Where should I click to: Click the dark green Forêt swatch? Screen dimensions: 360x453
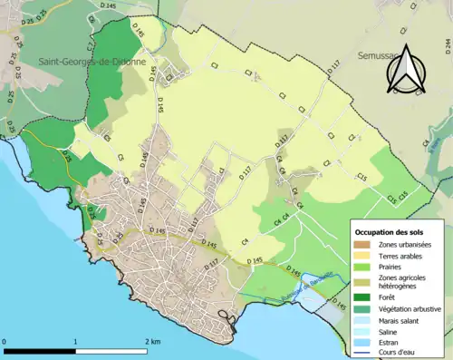tap(364, 297)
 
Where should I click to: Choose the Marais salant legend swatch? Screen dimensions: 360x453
tap(364, 320)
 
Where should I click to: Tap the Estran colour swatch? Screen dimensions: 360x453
tap(364, 342)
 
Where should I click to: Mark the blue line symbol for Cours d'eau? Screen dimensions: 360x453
tap(364, 352)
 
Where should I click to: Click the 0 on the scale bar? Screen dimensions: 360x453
tap(6, 341)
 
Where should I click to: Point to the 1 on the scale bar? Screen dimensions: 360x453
tap(75, 341)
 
